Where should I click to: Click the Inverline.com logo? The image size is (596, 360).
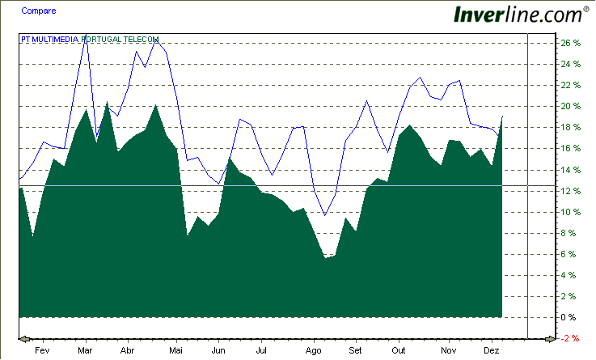[x=518, y=15]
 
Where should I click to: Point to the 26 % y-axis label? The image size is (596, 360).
[x=571, y=43]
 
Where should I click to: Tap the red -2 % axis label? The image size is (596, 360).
[x=571, y=338]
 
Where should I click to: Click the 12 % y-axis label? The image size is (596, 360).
[x=571, y=191]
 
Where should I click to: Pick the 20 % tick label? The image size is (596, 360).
[x=571, y=106]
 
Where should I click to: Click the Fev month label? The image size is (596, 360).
[x=43, y=351]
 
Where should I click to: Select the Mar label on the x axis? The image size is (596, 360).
[x=85, y=351]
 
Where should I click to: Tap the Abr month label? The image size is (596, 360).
[x=127, y=351]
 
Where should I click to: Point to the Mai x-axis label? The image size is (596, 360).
[x=177, y=351]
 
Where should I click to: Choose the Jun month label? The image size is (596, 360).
[x=218, y=351]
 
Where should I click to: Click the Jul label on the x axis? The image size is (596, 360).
[x=261, y=351]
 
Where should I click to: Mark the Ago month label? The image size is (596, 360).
[x=314, y=351]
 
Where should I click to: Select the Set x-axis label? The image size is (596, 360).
[x=356, y=351]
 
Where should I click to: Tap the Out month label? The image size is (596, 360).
[x=398, y=351]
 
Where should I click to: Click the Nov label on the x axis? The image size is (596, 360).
[x=448, y=351]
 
